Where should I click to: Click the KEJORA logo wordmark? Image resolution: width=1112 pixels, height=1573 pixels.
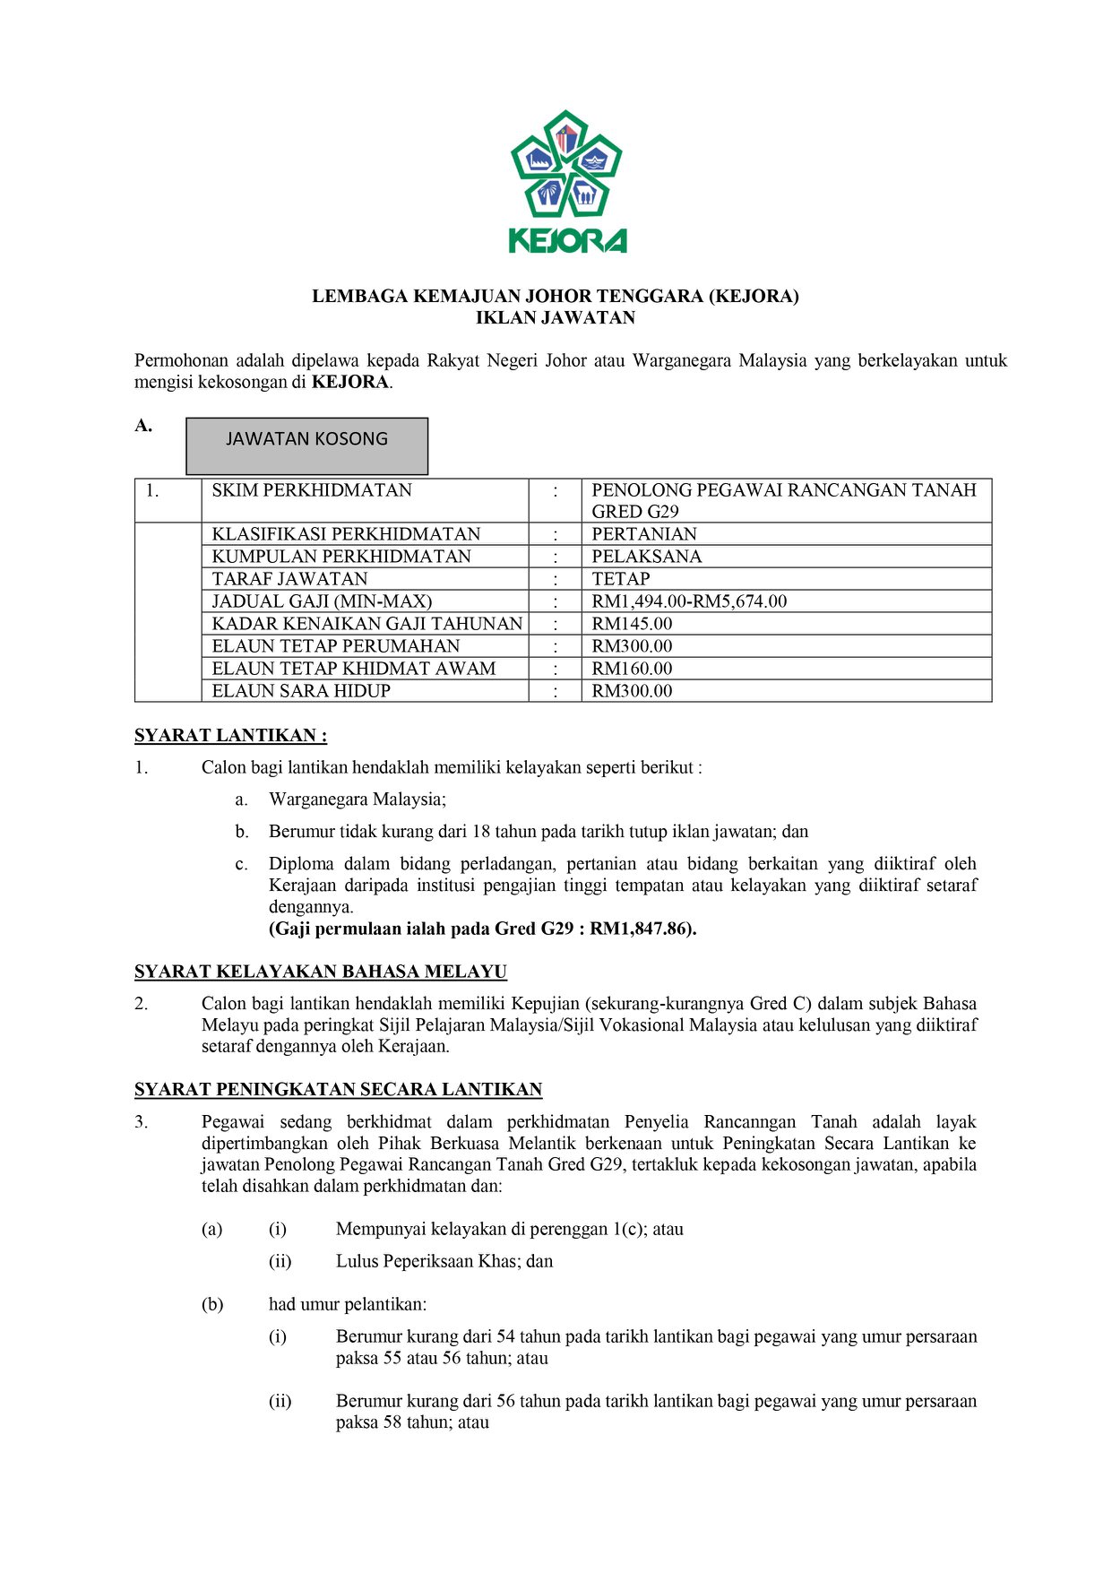[567, 241]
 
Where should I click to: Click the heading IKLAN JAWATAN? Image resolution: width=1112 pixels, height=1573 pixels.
[555, 317]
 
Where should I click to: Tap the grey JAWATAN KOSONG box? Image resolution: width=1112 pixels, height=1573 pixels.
[306, 445]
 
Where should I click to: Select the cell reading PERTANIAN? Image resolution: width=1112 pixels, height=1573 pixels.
[643, 534]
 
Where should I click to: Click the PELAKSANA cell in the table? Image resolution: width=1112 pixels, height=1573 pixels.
[646, 557]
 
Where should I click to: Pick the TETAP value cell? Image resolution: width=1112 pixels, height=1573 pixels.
[620, 579]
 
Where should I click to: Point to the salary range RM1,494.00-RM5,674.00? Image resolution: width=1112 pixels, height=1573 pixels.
[688, 601]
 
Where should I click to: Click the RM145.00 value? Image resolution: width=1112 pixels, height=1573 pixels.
[632, 624]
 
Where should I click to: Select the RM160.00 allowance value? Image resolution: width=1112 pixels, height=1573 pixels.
[632, 669]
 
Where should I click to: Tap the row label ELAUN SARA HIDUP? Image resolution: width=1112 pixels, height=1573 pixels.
[301, 691]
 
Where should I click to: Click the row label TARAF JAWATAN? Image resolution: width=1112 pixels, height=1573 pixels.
[289, 579]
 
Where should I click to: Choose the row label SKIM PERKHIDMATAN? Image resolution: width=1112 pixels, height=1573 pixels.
[311, 490]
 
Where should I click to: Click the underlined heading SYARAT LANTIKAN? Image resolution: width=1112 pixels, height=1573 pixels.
[230, 736]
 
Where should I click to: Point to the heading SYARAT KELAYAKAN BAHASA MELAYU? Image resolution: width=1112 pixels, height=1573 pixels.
[320, 972]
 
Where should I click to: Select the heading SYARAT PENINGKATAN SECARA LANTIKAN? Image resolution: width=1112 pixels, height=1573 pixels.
[338, 1090]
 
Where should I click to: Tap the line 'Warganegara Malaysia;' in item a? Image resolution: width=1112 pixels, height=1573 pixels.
[357, 799]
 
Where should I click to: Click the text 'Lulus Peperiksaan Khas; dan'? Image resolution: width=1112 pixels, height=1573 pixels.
[444, 1261]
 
